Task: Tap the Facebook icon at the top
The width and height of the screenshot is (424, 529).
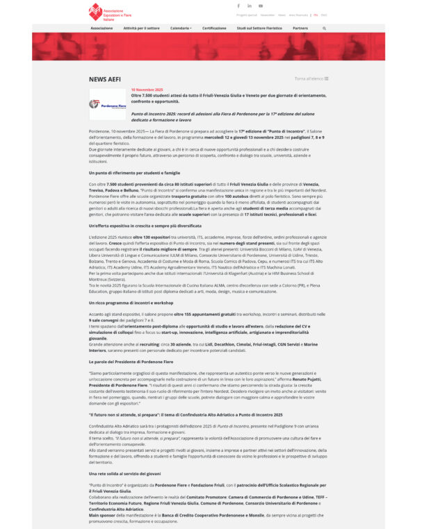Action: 238,6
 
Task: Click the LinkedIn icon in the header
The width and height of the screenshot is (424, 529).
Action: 250,6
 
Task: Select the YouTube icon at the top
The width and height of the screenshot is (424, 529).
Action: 261,6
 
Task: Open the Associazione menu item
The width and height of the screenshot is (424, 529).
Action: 101,28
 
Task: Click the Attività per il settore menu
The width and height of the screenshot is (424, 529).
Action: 141,28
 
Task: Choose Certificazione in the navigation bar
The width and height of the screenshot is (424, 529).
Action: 214,28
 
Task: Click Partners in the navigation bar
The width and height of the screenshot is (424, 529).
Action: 300,28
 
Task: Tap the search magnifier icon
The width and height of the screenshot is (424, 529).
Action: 324,28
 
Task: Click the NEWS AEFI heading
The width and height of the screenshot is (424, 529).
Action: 105,79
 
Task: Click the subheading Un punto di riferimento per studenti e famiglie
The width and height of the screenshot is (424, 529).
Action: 134,172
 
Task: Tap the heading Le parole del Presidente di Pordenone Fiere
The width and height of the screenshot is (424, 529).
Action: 131,362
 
